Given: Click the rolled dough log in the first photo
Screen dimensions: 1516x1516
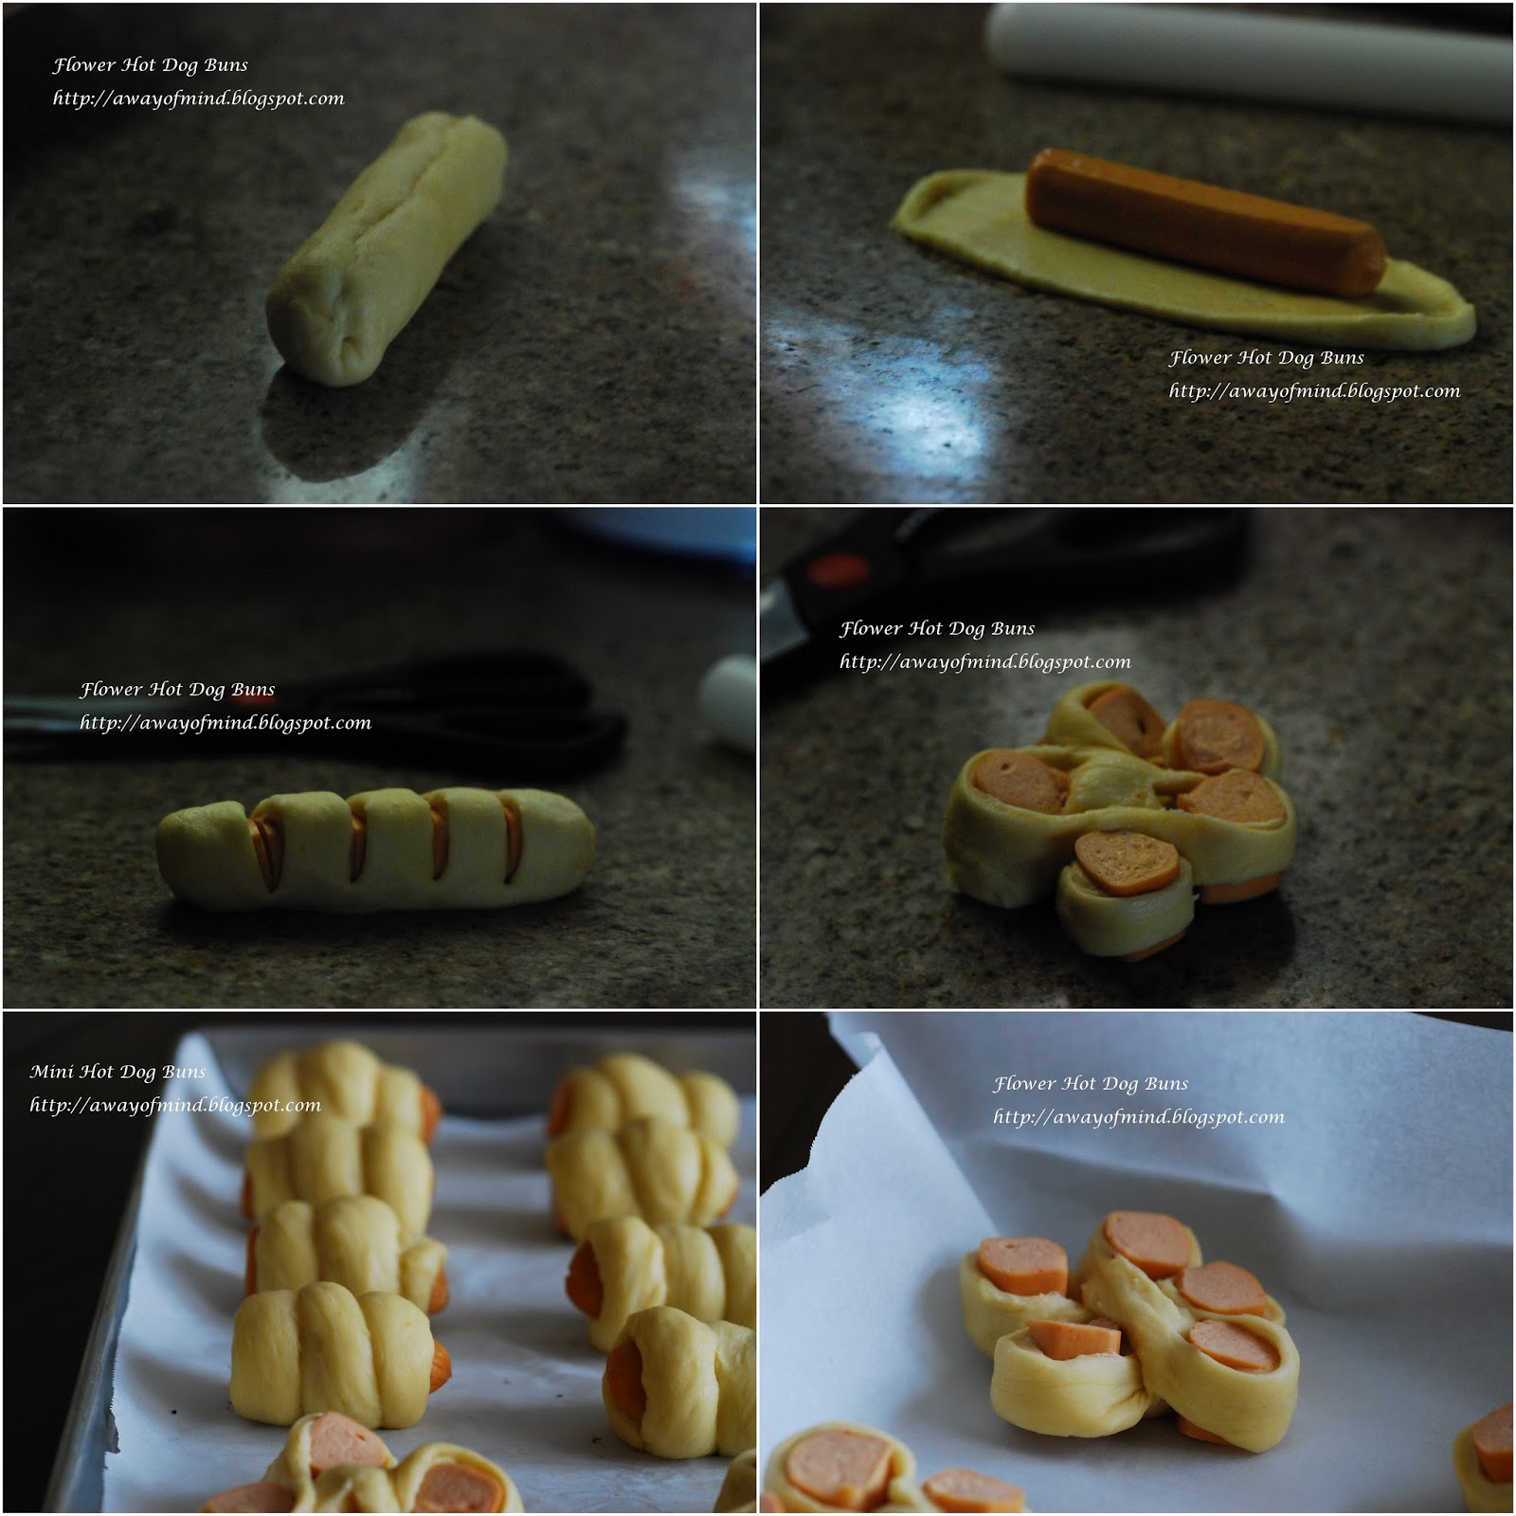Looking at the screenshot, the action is [x=387, y=248].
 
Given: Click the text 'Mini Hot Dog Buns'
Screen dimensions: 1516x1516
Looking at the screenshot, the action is [x=117, y=1072].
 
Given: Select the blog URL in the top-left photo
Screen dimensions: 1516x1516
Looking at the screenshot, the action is [x=198, y=99].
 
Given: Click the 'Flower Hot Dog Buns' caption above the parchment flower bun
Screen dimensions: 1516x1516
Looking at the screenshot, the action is [x=1091, y=1083].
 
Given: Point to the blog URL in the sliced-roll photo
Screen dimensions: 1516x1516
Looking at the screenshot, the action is [x=226, y=723].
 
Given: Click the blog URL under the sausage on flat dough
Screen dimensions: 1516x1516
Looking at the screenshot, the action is [x=1314, y=391].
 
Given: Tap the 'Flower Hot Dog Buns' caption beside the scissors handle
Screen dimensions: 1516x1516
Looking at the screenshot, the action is [x=937, y=628].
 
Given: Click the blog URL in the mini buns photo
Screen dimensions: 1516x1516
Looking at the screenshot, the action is [x=175, y=1105].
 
